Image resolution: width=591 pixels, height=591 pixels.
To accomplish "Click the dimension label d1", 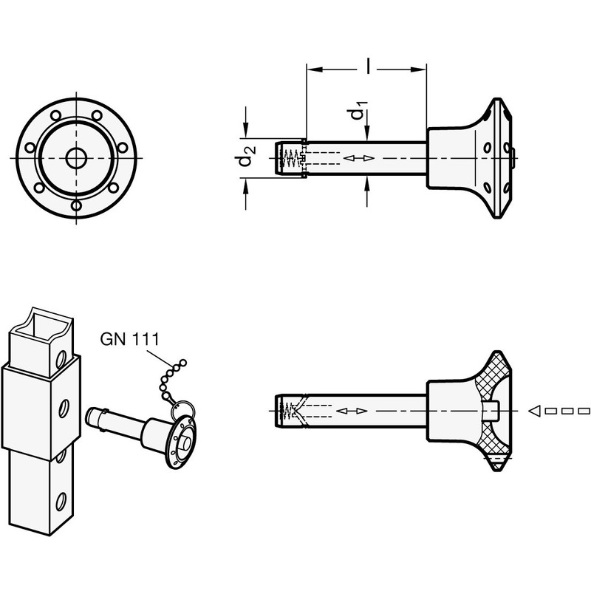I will pyautogui.click(x=357, y=113).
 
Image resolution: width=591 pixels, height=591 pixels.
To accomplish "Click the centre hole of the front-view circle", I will pyautogui.click(x=75, y=157).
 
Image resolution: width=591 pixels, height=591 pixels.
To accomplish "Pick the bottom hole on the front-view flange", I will pyautogui.click(x=75, y=207).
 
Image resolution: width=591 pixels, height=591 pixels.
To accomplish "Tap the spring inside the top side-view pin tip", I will pyautogui.click(x=293, y=158).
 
